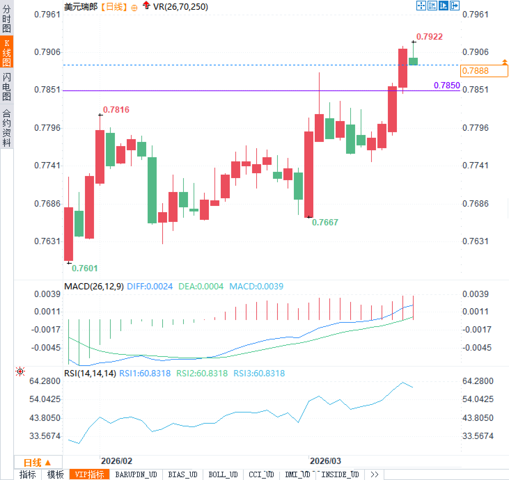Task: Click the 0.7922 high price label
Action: point(429,37)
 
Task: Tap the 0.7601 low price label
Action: point(85,268)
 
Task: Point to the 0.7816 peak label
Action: point(116,110)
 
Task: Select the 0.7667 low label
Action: point(325,222)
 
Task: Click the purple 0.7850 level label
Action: point(447,85)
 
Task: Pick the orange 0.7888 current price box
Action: point(484,71)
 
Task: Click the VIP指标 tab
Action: point(89,474)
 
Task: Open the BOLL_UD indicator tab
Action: point(223,474)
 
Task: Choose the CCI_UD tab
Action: point(261,474)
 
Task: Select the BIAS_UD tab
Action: point(182,474)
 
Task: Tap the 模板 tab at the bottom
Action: point(55,474)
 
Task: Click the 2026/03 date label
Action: point(325,461)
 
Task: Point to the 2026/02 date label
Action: point(116,461)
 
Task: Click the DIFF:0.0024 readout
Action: point(150,286)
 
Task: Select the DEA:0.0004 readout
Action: point(201,286)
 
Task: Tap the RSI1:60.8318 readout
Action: point(145,373)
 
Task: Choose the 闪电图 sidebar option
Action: point(7,87)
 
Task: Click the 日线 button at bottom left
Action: point(37,463)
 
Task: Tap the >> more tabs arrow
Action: point(374,474)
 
